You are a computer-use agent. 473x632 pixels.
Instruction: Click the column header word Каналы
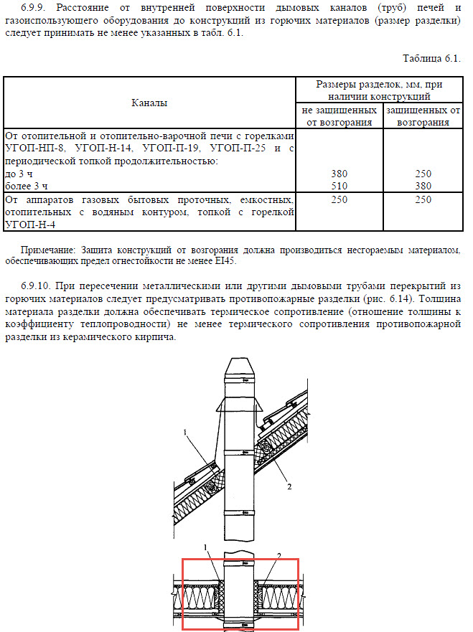[x=149, y=103]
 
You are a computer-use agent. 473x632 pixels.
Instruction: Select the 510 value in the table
[x=340, y=186]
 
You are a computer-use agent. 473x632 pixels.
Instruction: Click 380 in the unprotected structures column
[x=340, y=174]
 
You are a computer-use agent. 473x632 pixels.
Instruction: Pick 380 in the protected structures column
[x=423, y=186]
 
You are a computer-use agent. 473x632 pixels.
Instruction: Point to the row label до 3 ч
[x=19, y=174]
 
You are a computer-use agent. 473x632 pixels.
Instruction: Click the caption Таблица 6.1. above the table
[x=431, y=58]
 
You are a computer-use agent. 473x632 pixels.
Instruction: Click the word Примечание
[x=50, y=250]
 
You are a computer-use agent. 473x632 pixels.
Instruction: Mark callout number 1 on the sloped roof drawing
[x=184, y=432]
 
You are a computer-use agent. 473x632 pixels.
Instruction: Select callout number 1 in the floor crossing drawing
[x=206, y=547]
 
